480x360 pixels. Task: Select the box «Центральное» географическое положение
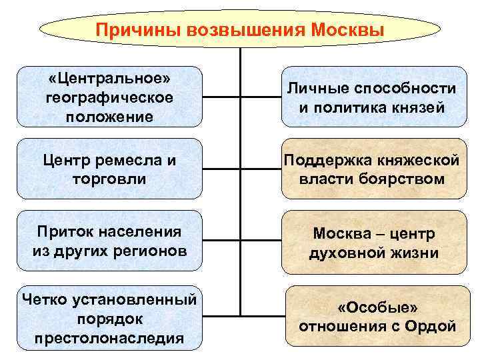click(x=109, y=97)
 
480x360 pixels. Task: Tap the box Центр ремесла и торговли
click(x=109, y=169)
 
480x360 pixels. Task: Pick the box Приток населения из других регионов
click(x=109, y=241)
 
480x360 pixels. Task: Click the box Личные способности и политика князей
click(x=373, y=97)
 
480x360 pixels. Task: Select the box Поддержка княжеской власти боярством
click(x=373, y=169)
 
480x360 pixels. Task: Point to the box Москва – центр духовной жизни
click(x=373, y=243)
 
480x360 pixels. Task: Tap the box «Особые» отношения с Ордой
click(x=377, y=316)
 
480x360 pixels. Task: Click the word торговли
click(x=109, y=179)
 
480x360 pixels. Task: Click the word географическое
click(x=109, y=97)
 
